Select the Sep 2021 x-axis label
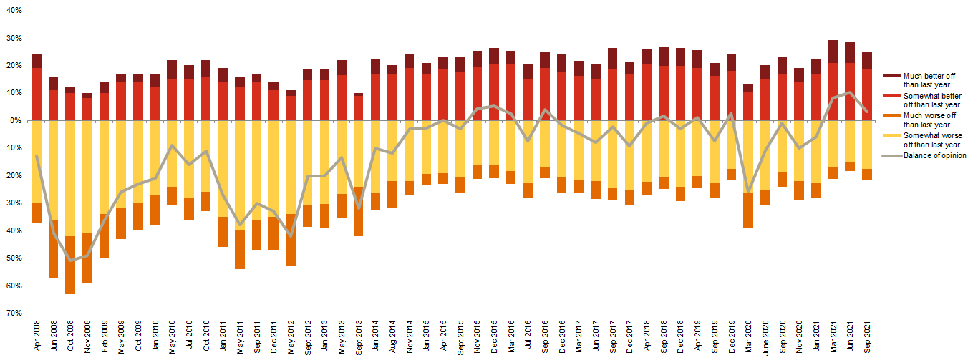coord(868,336)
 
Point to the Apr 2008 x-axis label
coord(37,336)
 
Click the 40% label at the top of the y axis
coord(14,11)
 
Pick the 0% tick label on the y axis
coord(16,120)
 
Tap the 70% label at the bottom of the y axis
coord(14,313)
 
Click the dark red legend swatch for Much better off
coord(891,75)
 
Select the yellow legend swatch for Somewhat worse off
coord(891,135)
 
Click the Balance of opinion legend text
coord(934,155)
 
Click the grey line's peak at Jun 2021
coord(850,92)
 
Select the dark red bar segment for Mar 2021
coord(833,52)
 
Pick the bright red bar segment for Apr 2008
coord(37,94)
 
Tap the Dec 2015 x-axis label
coord(494,336)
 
